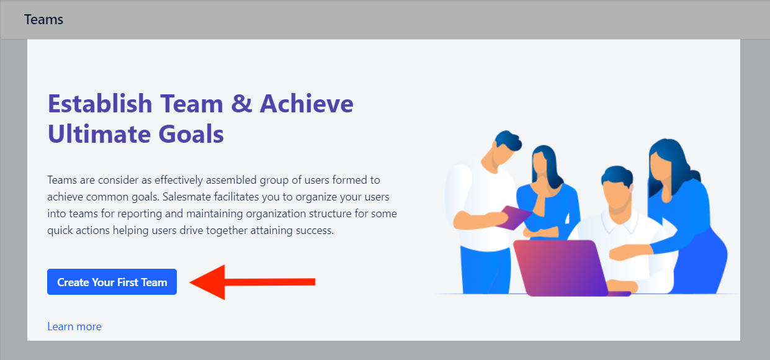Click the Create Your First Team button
(112, 282)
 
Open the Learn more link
(74, 326)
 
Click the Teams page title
(43, 20)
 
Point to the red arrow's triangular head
(208, 282)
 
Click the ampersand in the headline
(241, 103)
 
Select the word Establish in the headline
(100, 103)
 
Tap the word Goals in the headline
(191, 133)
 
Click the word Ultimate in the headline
(99, 133)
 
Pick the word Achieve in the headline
(307, 103)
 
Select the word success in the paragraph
(315, 230)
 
